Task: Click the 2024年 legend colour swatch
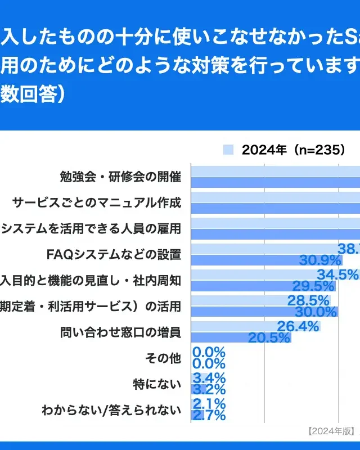[x=228, y=150]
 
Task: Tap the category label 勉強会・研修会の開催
[x=120, y=177]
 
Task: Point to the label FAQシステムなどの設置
[x=114, y=254]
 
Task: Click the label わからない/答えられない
[x=111, y=410]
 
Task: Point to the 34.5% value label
[x=337, y=274]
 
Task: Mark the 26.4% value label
[x=298, y=326]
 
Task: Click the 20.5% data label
[x=269, y=338]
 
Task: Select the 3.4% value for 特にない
[x=209, y=378]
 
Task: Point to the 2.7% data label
[x=209, y=416]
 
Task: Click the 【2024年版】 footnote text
[x=332, y=431]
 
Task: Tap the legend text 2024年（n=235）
[x=293, y=150]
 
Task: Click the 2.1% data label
[x=209, y=404]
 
